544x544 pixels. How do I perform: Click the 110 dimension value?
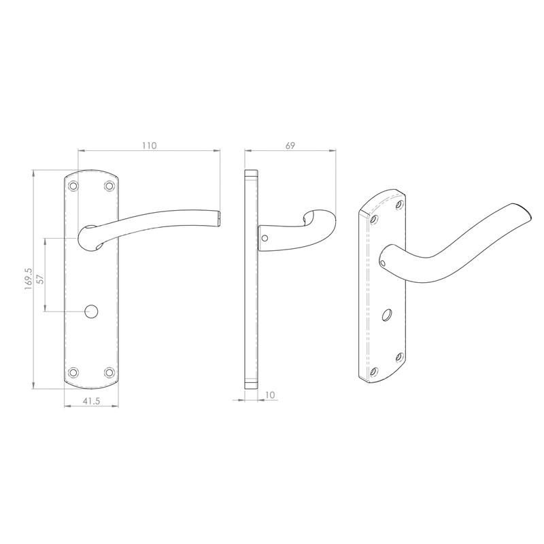150,145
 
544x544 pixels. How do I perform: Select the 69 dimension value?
290,145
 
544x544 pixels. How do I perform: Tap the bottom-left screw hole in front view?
74,372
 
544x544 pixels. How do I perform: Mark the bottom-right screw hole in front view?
108,372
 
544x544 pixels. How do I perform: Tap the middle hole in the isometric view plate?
388,315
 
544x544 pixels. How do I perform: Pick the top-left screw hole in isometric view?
374,219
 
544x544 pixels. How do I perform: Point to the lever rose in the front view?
88,238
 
